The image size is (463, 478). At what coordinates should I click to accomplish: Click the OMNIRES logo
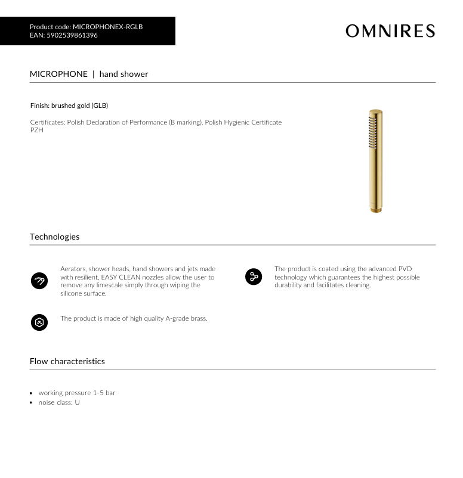tap(390, 31)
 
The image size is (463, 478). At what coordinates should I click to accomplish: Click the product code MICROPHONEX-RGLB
tap(107, 27)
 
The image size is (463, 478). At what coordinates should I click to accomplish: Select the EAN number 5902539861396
tap(72, 35)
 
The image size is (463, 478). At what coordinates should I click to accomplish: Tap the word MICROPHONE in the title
tap(58, 74)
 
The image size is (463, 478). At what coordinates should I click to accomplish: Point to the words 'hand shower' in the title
tap(124, 74)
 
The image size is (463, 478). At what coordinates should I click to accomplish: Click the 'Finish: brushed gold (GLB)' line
tap(69, 105)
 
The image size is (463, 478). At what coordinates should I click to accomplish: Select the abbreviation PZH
tap(36, 130)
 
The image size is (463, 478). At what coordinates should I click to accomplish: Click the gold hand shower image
tap(376, 161)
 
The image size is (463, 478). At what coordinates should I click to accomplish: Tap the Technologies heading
tap(54, 237)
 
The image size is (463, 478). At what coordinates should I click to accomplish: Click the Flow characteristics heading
tap(67, 361)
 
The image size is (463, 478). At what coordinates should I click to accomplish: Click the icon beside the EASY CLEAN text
tap(39, 281)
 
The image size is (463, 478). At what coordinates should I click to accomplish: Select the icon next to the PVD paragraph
tap(254, 277)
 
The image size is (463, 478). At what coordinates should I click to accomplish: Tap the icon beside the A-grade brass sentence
tap(39, 322)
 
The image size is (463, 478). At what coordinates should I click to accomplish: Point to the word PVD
tap(405, 269)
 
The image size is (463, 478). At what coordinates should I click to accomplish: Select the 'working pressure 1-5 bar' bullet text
tap(77, 393)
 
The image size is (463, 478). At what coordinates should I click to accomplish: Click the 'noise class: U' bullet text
tap(59, 402)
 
